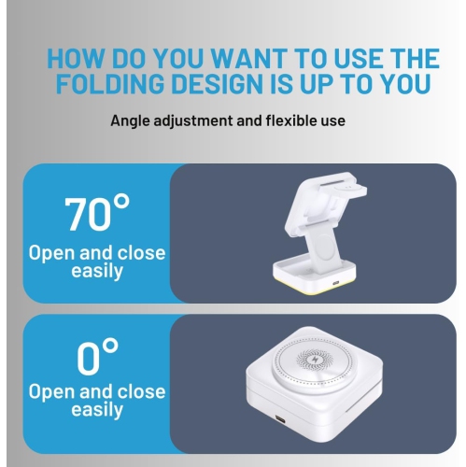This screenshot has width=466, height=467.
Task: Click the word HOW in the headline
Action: point(75,58)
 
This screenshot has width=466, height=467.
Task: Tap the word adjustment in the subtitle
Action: point(193,121)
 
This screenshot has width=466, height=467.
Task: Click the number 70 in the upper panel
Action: point(87,215)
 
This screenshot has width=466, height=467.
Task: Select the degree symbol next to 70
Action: point(120,203)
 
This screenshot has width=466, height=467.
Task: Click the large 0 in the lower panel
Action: point(89,358)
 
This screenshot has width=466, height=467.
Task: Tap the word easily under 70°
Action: point(97,271)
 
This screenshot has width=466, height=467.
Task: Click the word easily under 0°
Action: point(97,410)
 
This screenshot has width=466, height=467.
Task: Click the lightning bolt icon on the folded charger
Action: point(314,360)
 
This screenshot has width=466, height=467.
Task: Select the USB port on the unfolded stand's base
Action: point(335,283)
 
